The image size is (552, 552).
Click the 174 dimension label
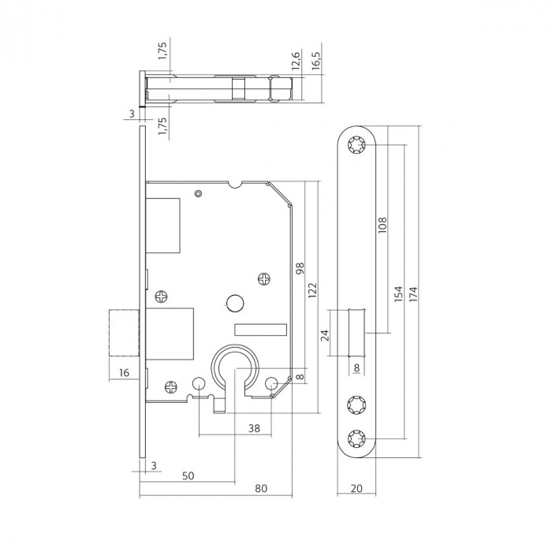pos(412,294)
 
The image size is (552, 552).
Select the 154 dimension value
pos(399,294)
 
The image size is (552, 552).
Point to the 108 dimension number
pos(384,227)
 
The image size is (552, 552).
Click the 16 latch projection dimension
pos(123,372)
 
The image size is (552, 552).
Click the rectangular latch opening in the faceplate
pos(356,334)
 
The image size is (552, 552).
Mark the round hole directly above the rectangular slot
pos(234,303)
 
